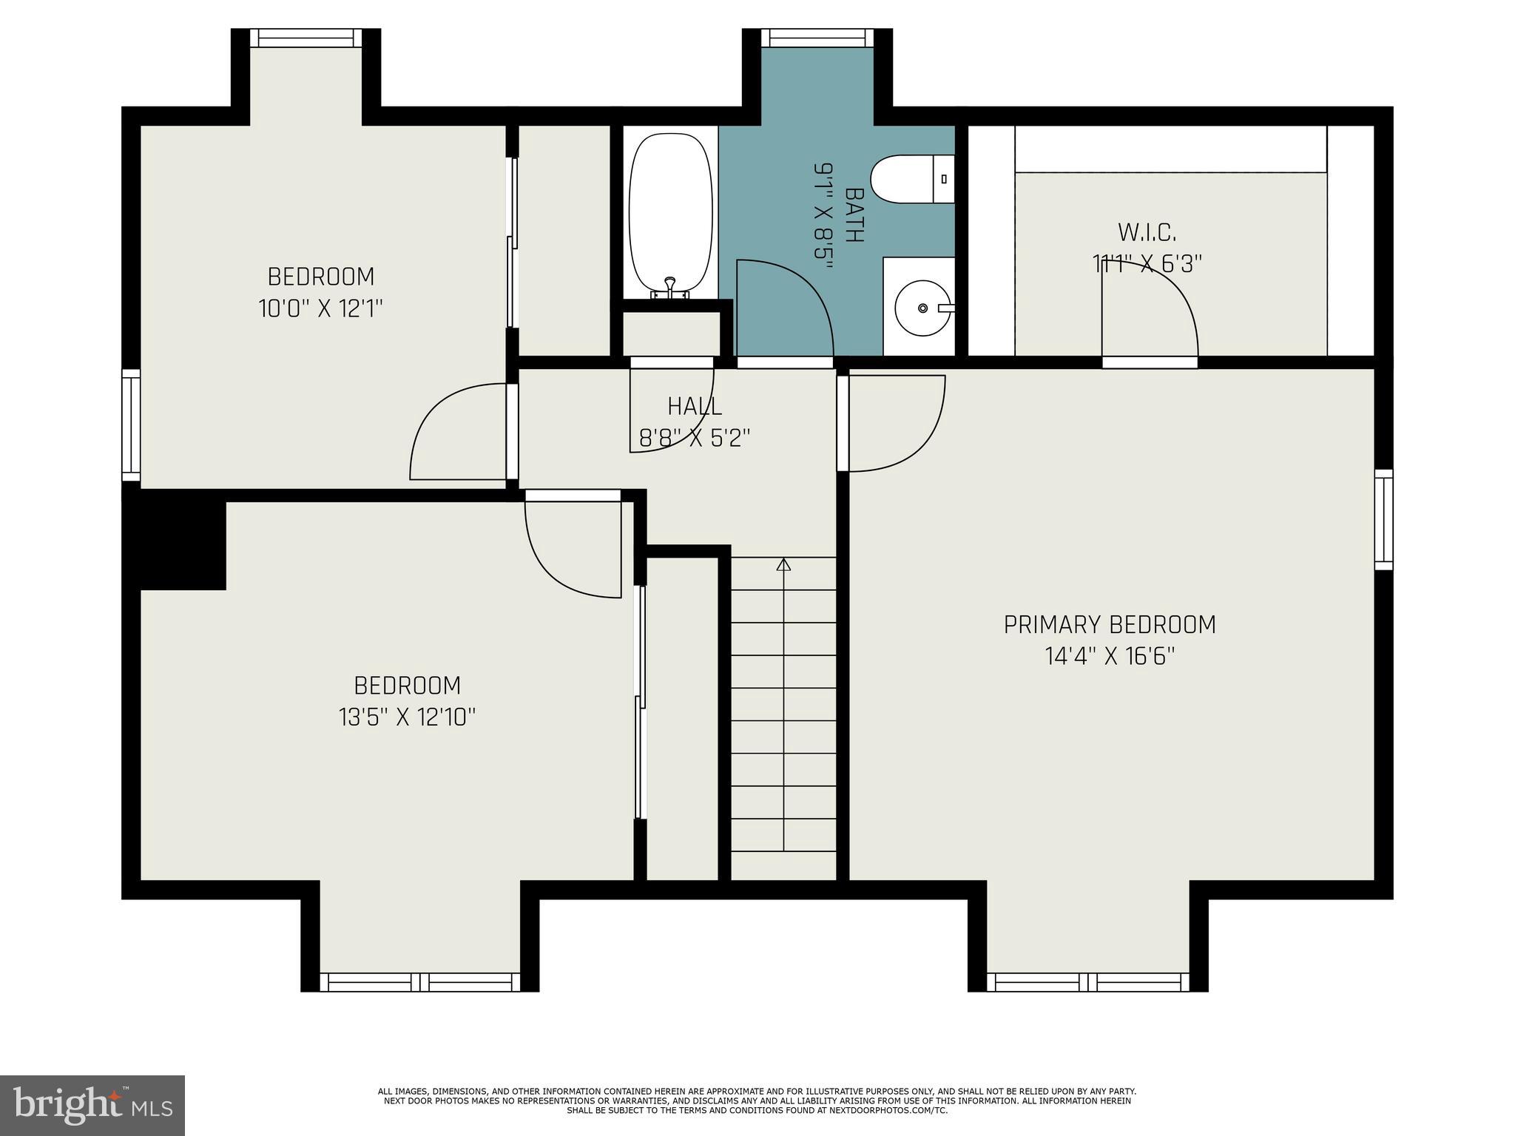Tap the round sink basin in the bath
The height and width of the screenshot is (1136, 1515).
pyautogui.click(x=922, y=307)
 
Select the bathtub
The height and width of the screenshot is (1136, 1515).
pyautogui.click(x=670, y=214)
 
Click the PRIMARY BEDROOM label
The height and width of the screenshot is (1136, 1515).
pyautogui.click(x=1109, y=625)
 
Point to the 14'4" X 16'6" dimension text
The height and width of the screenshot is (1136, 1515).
pyautogui.click(x=1109, y=657)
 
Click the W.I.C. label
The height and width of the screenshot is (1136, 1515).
pyautogui.click(x=1147, y=232)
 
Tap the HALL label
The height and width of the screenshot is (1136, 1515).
pyautogui.click(x=695, y=406)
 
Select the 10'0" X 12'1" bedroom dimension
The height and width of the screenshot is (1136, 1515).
pyautogui.click(x=320, y=308)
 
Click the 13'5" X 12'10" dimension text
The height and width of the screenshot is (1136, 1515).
pyautogui.click(x=407, y=717)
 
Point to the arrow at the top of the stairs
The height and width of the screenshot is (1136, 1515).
pyautogui.click(x=783, y=565)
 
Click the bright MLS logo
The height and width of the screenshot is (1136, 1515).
pyautogui.click(x=92, y=1105)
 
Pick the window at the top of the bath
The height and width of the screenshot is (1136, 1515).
pyautogui.click(x=817, y=38)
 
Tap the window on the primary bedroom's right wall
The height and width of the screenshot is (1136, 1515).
pyautogui.click(x=1383, y=519)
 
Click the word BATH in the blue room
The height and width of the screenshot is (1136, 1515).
pyautogui.click(x=854, y=214)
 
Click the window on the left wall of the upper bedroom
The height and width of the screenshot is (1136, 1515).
pyautogui.click(x=131, y=425)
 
